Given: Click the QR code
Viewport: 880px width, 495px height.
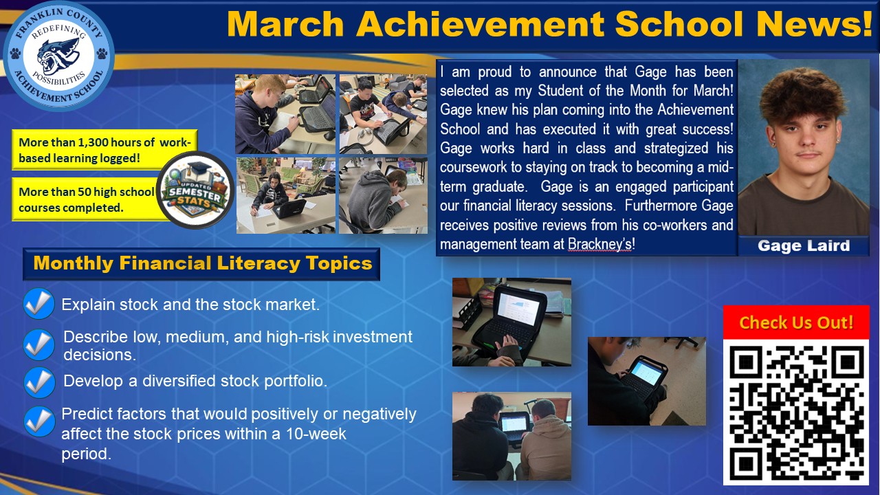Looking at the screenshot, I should coord(796,412).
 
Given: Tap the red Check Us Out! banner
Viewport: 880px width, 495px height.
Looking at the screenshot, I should coord(796,322).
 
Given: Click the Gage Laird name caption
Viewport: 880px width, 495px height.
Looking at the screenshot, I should coord(803,246).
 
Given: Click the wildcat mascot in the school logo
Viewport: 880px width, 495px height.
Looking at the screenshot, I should coord(58,56).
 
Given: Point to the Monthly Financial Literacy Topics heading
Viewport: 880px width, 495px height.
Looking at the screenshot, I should coord(201,263).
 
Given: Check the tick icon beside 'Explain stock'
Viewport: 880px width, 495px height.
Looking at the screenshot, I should coord(39,304).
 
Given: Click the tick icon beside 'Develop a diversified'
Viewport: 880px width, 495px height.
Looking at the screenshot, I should coord(39,382).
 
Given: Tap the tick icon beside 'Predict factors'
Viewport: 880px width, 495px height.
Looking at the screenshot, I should coord(39,421).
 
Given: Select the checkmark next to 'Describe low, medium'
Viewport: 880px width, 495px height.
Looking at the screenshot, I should coord(39,344).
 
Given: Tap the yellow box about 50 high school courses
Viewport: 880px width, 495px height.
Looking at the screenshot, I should coord(86,199).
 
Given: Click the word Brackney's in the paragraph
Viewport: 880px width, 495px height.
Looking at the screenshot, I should coord(600,245).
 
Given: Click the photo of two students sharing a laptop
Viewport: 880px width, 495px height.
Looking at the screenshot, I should coord(511,436).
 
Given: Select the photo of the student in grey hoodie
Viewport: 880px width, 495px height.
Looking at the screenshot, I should coord(382,196).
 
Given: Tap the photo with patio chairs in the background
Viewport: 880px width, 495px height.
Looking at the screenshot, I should coord(286,196).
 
